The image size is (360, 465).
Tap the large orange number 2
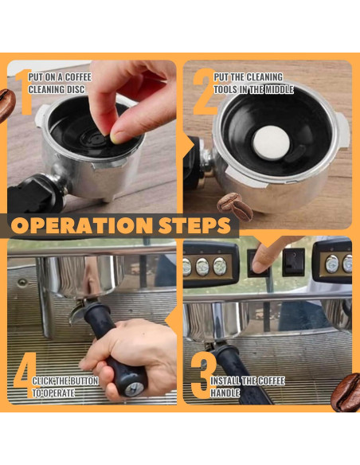[x=205, y=92]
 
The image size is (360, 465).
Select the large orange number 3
[x=203, y=377]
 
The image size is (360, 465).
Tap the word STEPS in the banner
[x=194, y=225]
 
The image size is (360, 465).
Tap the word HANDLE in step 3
[x=225, y=393]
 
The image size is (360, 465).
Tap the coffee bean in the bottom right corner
[x=346, y=392]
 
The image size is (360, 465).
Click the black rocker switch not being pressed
[x=293, y=262]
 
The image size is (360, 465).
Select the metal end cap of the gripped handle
[x=134, y=389]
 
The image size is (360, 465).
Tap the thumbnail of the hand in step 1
[x=118, y=137]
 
